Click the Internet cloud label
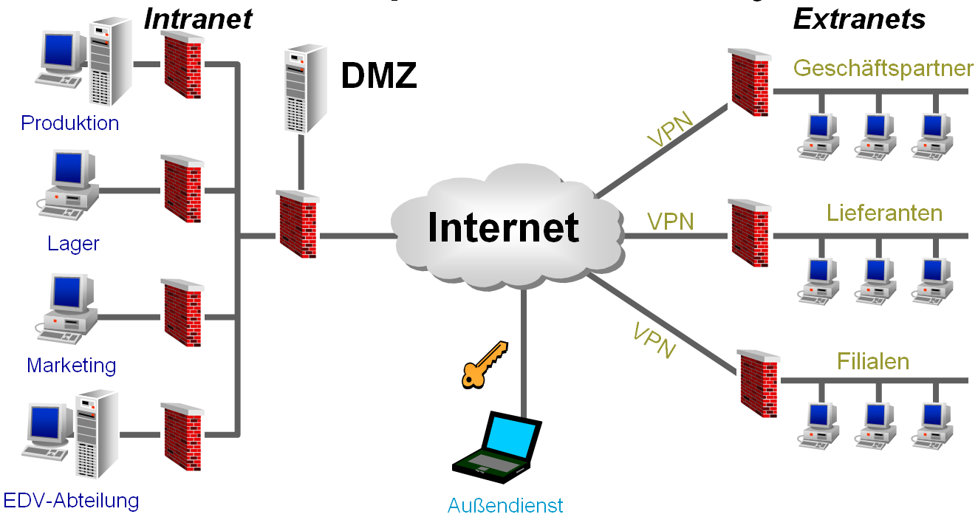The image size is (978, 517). [x=503, y=227]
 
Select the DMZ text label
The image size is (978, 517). [x=379, y=76]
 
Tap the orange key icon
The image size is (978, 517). [x=484, y=363]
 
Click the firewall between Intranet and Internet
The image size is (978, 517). [x=298, y=224]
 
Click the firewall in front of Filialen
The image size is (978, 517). [x=759, y=383]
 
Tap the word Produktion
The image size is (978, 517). [x=70, y=123]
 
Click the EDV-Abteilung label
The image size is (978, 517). [x=70, y=501]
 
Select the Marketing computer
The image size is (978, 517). [x=69, y=310]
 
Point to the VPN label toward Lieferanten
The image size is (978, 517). [x=670, y=221]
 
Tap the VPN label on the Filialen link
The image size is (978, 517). [x=654, y=339]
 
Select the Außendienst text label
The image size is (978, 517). [x=505, y=505]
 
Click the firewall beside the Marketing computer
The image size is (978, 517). [x=182, y=314]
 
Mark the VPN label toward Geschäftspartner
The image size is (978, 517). [x=670, y=129]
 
